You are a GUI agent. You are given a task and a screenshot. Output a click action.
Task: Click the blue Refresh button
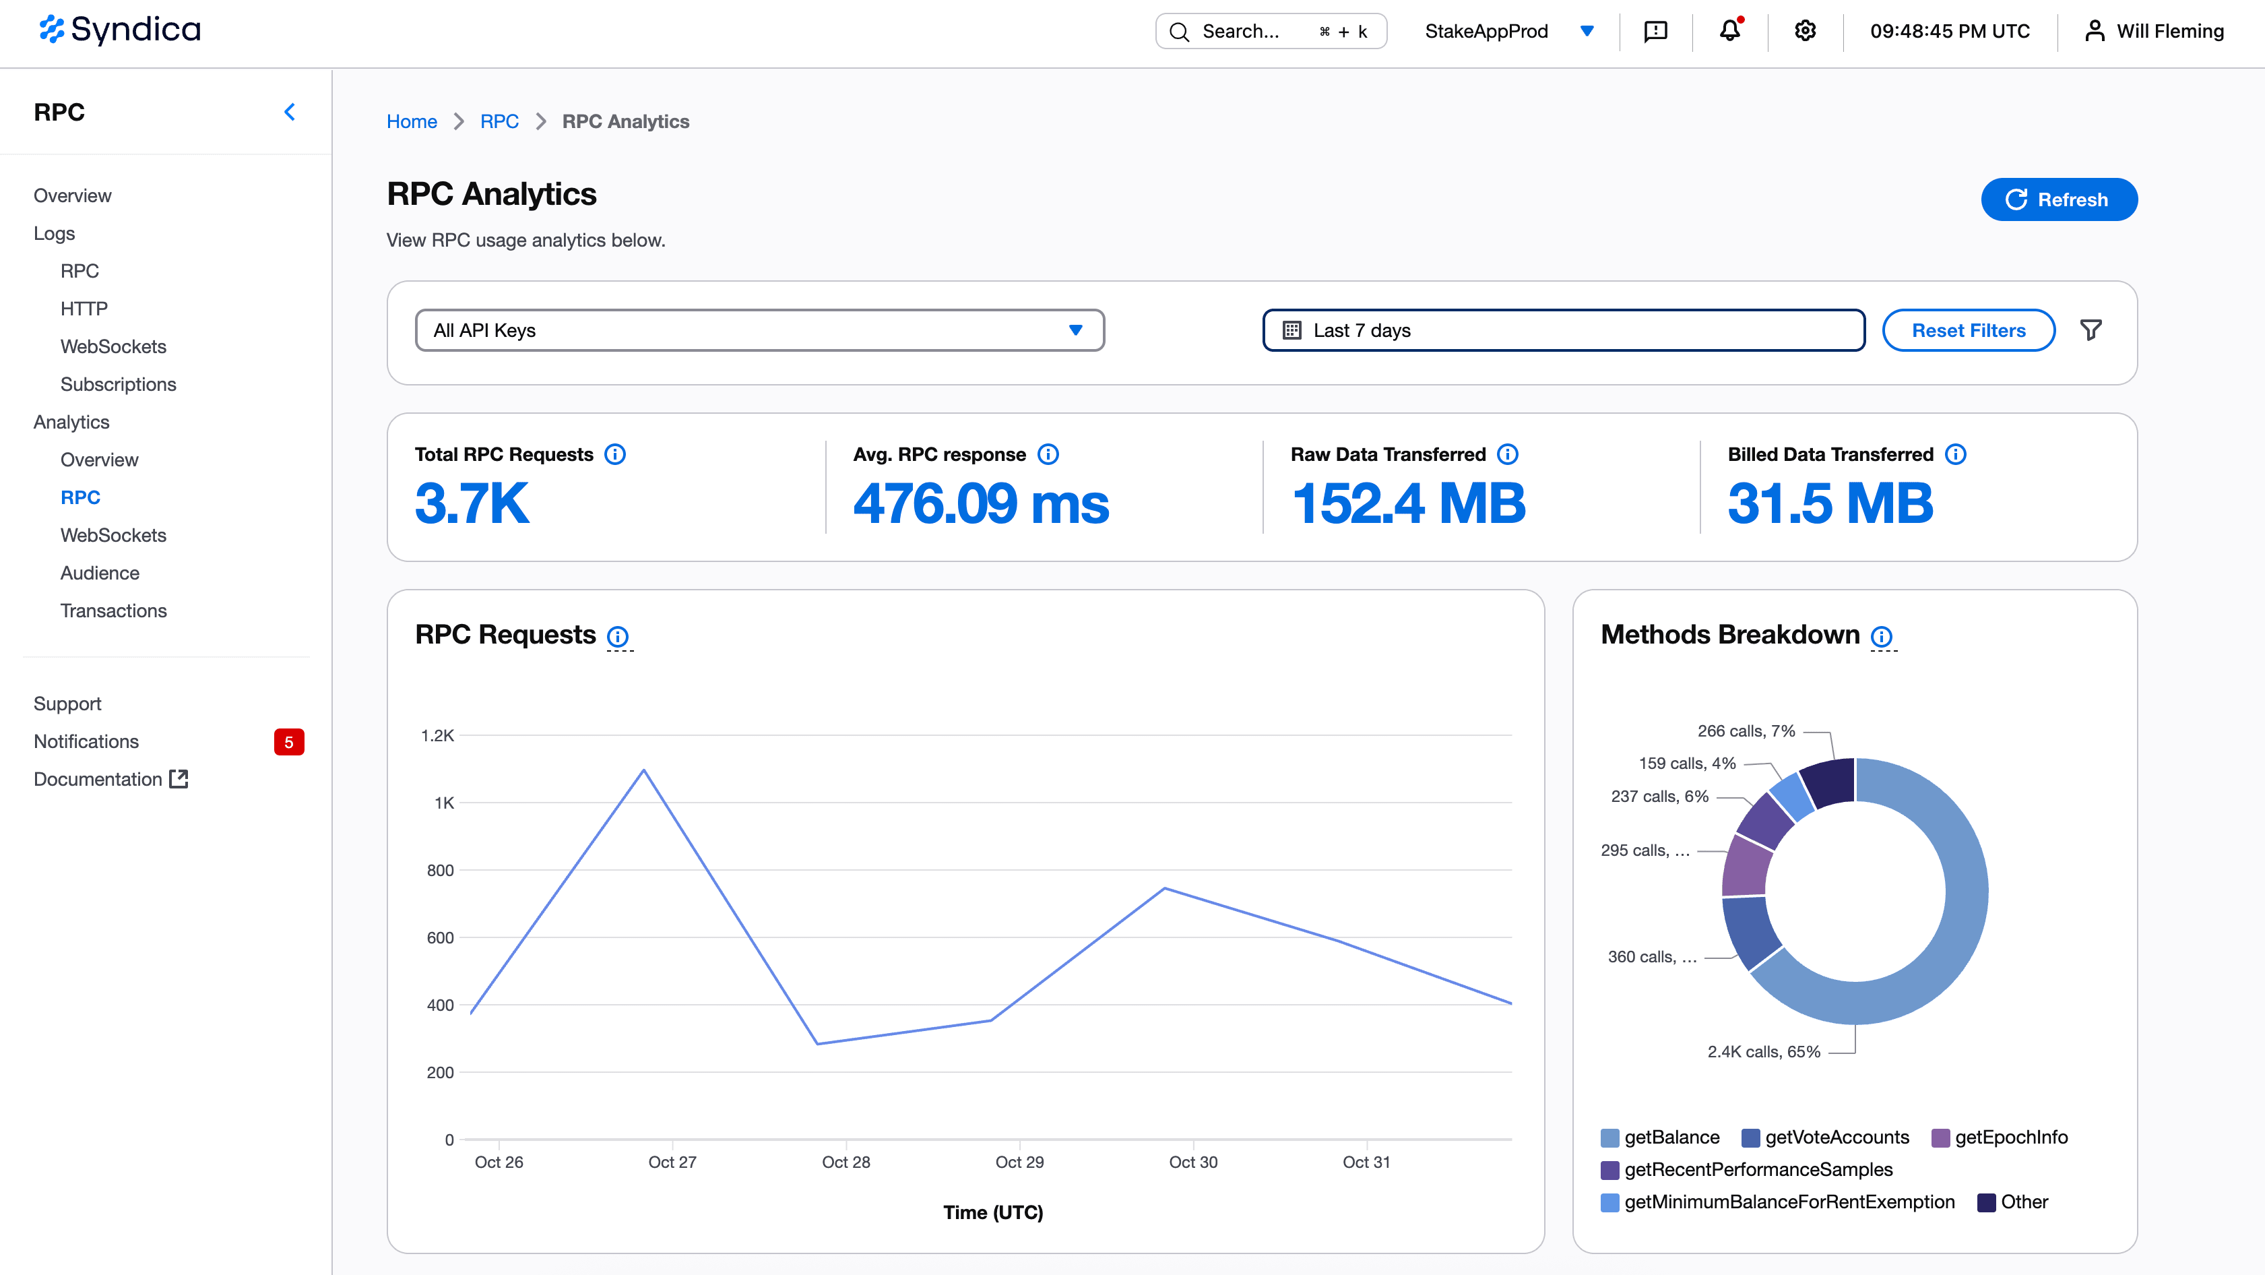tap(2058, 199)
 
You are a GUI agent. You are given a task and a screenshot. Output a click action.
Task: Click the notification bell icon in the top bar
tap(1729, 31)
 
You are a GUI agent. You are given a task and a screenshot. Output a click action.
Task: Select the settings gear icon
tap(1804, 31)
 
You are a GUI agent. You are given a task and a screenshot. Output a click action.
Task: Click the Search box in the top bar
tap(1270, 32)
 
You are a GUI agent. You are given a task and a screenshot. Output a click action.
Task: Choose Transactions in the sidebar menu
tap(113, 611)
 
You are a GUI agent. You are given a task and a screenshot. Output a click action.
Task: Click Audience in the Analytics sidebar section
tap(99, 572)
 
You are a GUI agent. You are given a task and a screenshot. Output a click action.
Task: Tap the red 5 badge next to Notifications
tap(288, 741)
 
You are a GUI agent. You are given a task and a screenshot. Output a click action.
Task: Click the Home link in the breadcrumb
tap(412, 121)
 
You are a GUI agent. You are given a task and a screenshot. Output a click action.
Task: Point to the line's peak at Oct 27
tap(643, 770)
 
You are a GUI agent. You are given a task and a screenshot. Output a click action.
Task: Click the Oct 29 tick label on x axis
tap(1019, 1162)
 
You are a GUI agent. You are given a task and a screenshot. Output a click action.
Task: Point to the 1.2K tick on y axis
tap(437, 735)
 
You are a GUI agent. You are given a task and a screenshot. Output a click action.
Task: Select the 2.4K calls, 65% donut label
tap(1763, 1052)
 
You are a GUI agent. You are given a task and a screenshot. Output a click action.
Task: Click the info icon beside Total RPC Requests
tap(614, 455)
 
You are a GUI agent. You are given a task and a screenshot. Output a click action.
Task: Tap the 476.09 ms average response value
tap(980, 504)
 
